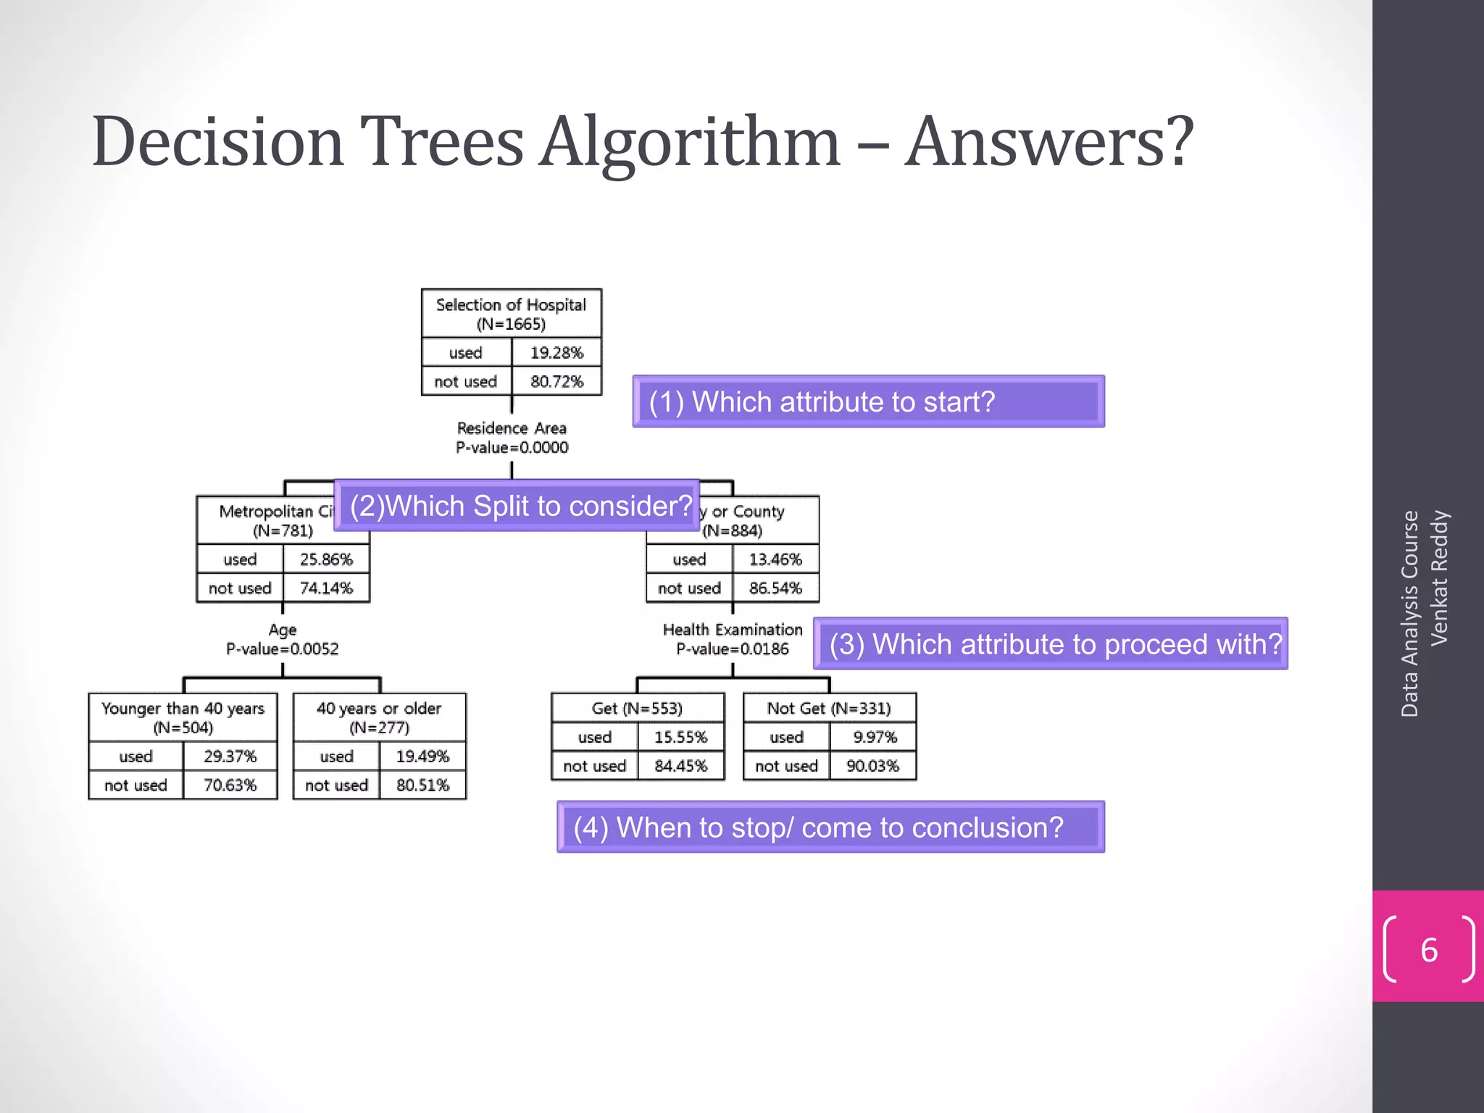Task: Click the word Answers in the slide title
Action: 1049,143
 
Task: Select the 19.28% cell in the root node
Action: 556,353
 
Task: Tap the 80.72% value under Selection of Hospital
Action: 556,381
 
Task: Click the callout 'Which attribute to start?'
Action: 867,401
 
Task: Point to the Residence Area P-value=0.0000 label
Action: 512,438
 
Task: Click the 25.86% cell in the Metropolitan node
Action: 326,559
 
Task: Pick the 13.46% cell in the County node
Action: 775,559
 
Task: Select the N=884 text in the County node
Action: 733,530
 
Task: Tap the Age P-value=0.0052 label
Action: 283,639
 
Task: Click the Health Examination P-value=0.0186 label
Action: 733,639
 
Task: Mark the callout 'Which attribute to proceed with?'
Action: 1050,643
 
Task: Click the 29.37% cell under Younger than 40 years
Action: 230,756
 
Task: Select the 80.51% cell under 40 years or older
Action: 422,785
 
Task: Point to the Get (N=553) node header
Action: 637,708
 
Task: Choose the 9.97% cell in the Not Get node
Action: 874,737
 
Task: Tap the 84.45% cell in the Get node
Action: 680,766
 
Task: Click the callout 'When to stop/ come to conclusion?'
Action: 830,827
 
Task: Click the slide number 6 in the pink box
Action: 1428,950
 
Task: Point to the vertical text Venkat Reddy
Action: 1439,578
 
